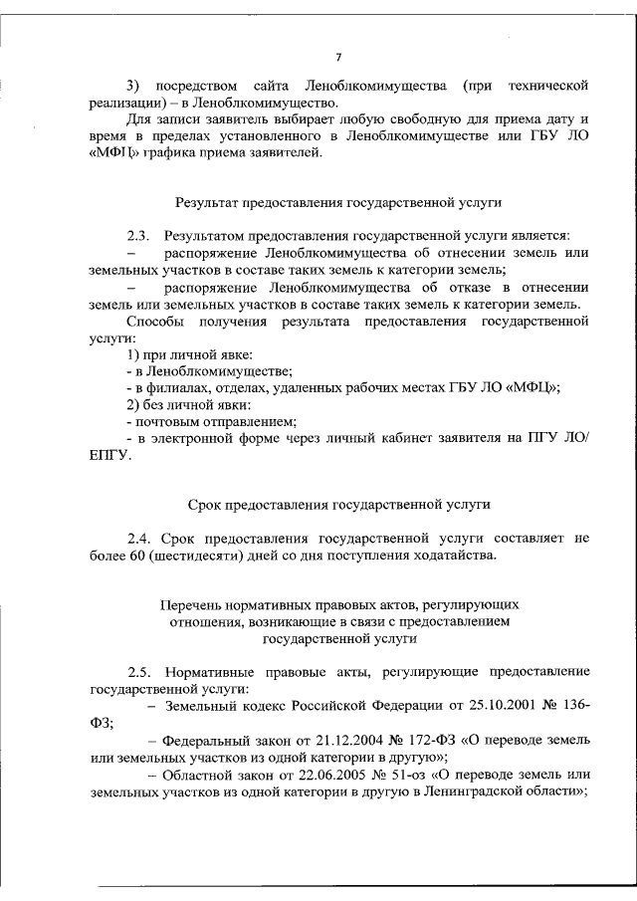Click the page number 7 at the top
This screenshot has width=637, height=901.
338,56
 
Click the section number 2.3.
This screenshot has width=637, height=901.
138,235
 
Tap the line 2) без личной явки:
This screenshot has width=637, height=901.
182,406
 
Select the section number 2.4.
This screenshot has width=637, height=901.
138,537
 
